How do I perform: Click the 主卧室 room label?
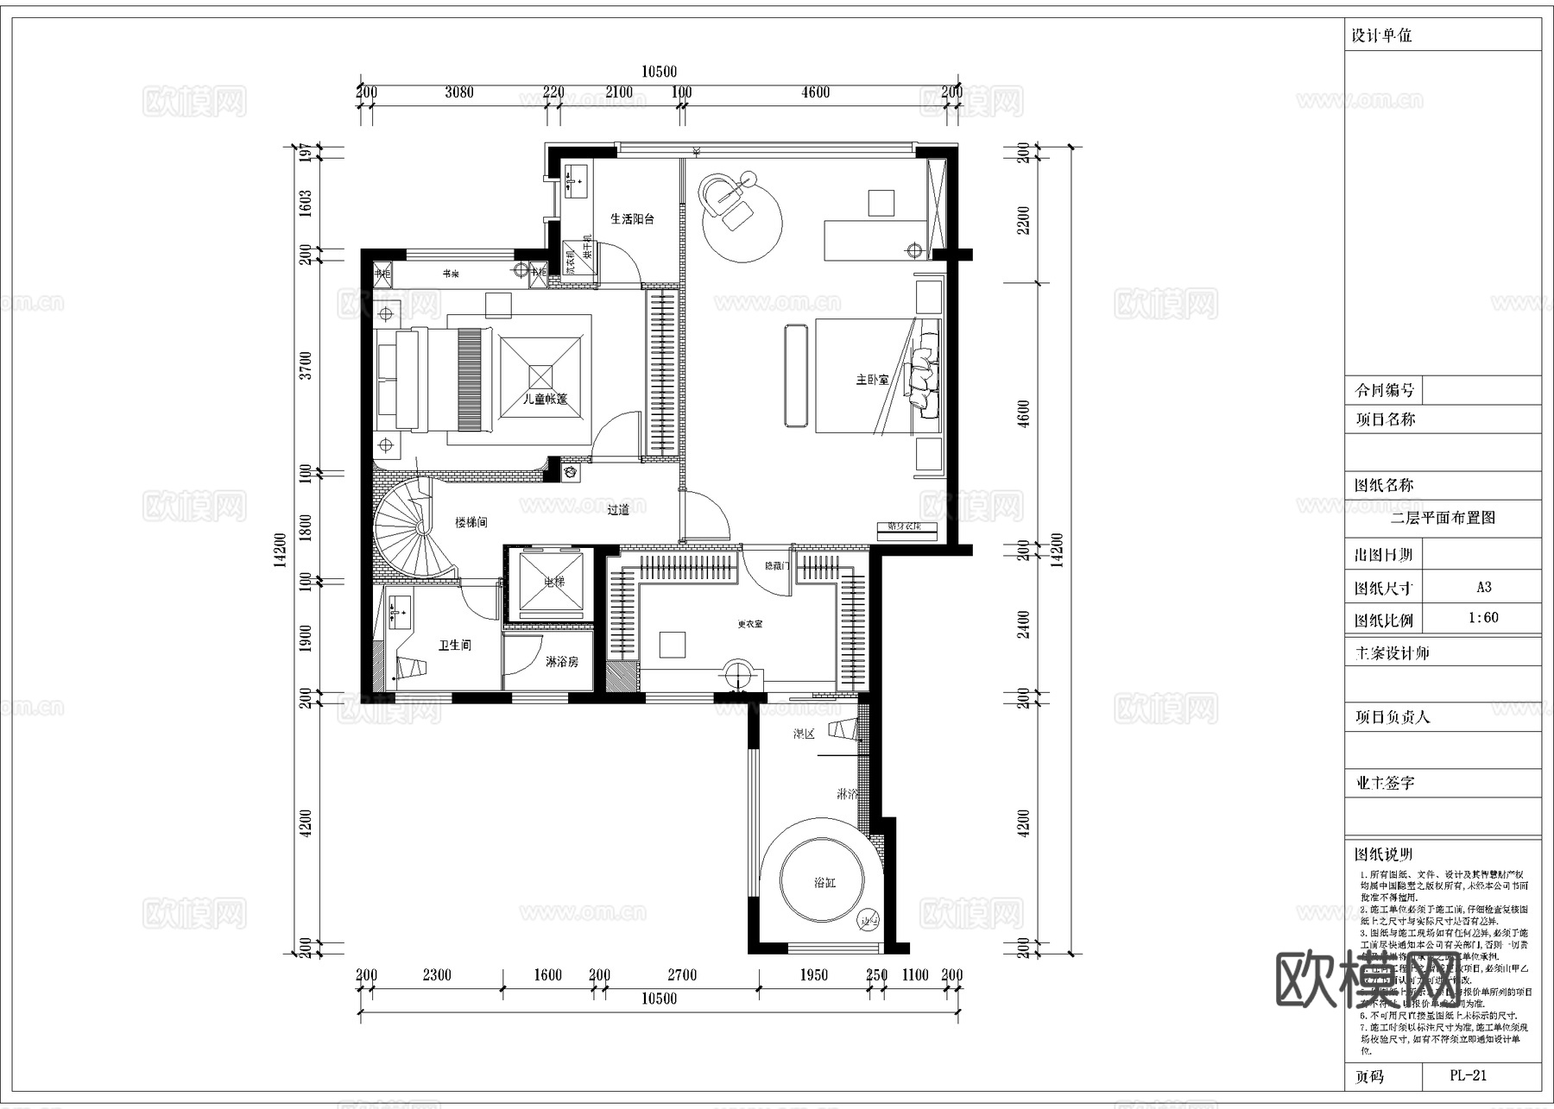point(872,380)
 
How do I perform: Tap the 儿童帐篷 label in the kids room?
point(546,400)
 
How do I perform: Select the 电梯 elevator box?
point(553,583)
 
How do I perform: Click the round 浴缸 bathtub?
point(824,882)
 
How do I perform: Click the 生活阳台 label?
point(632,219)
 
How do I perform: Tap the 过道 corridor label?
point(618,510)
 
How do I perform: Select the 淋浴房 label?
point(561,662)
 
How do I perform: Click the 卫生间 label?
point(454,645)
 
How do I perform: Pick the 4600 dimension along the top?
point(815,92)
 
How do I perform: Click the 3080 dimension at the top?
point(458,92)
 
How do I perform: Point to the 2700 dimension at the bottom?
point(681,975)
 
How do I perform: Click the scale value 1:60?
point(1483,618)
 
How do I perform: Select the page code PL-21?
point(1469,1075)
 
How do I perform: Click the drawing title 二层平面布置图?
point(1443,518)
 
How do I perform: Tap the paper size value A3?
point(1483,587)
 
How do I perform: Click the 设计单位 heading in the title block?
point(1381,36)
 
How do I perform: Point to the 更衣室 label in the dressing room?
point(749,624)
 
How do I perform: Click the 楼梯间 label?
point(471,522)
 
